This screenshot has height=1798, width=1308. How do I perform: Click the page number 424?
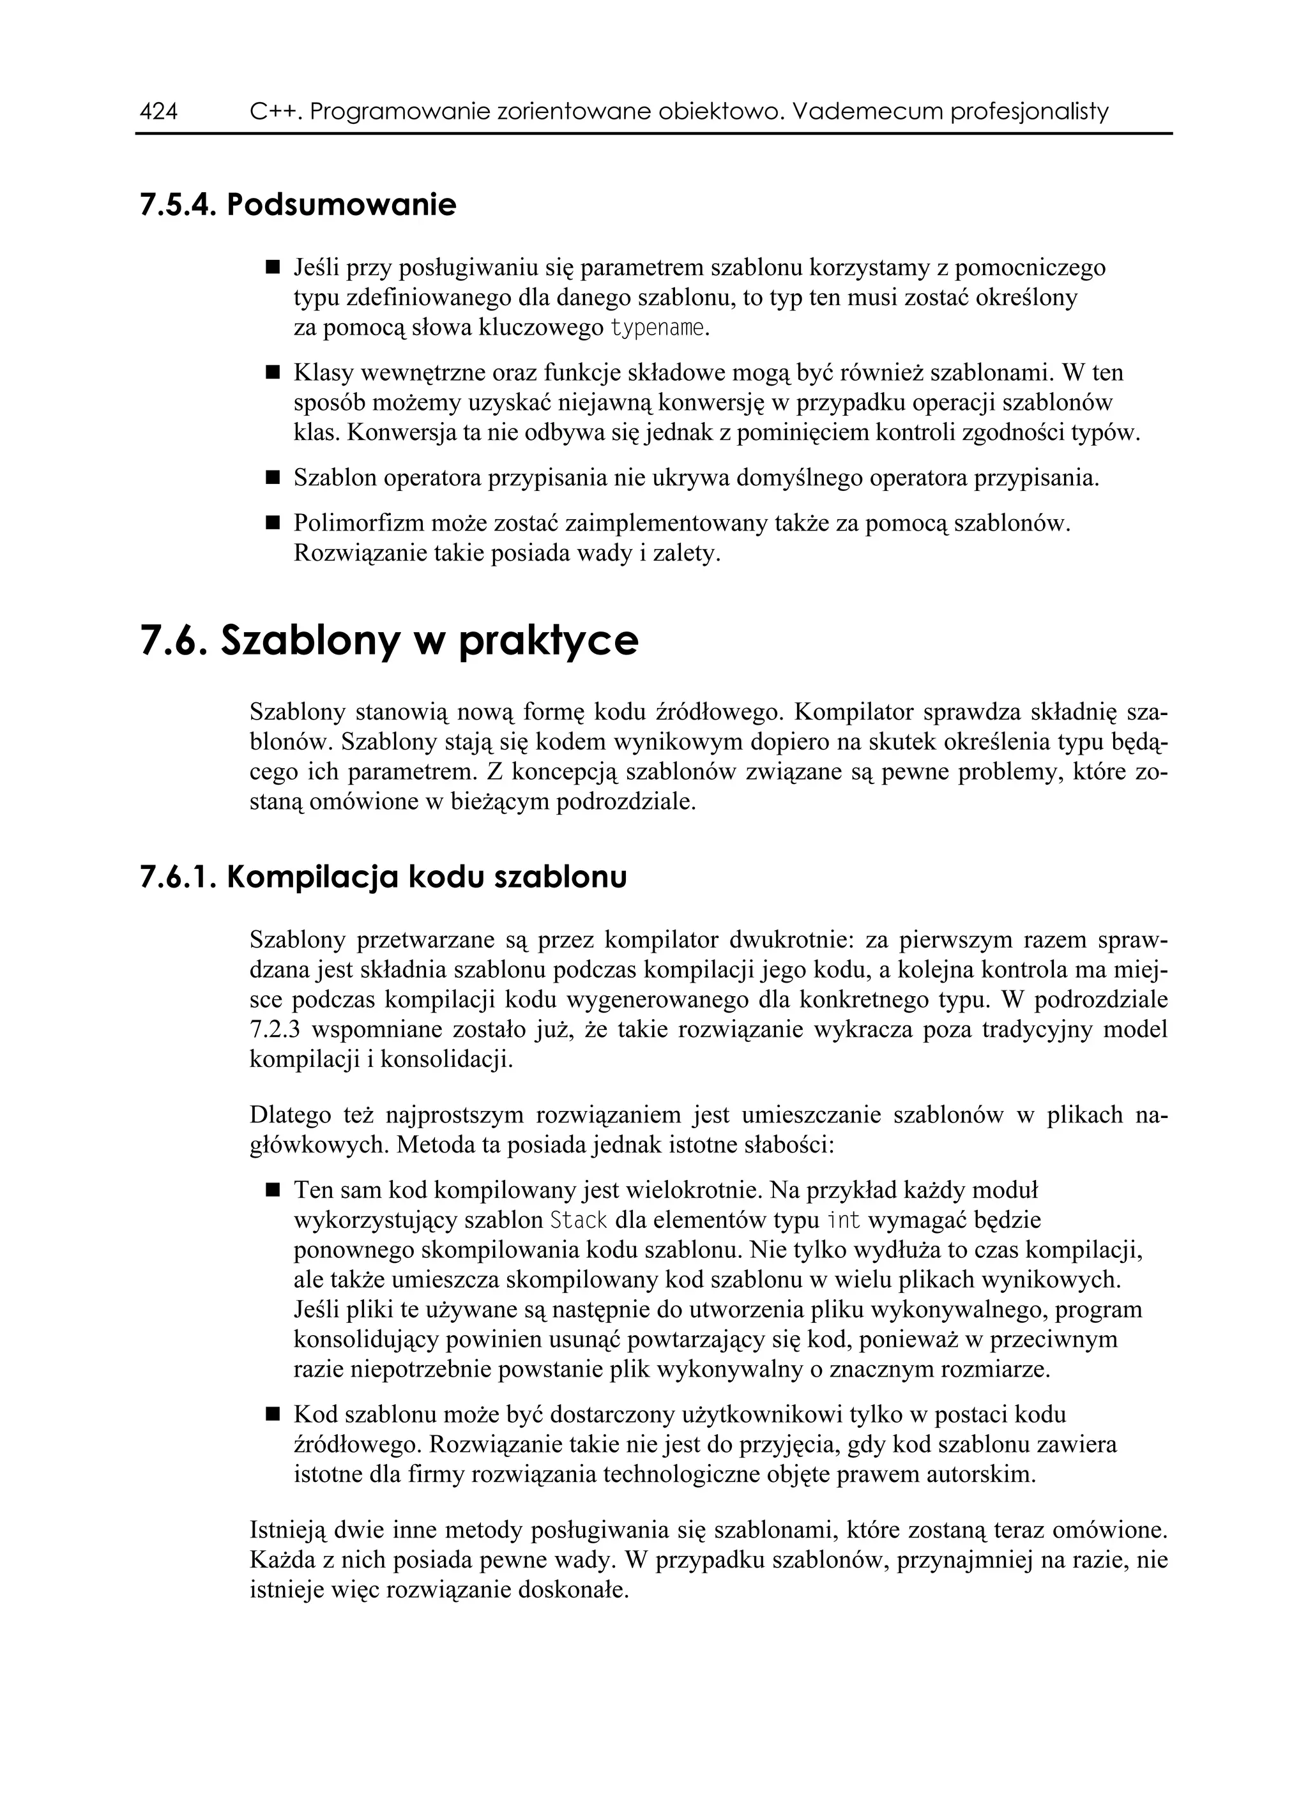pyautogui.click(x=158, y=112)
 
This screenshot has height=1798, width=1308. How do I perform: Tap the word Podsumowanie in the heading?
pyautogui.click(x=342, y=206)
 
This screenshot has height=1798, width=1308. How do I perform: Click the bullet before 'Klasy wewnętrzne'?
pyautogui.click(x=273, y=372)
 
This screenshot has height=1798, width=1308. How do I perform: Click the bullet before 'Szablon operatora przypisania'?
pyautogui.click(x=273, y=478)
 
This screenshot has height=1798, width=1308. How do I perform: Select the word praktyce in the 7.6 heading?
pyautogui.click(x=548, y=640)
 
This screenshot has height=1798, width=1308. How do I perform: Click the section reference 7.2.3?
pyautogui.click(x=275, y=1031)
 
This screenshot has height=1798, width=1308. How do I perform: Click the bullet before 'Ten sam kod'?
pyautogui.click(x=273, y=1191)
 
